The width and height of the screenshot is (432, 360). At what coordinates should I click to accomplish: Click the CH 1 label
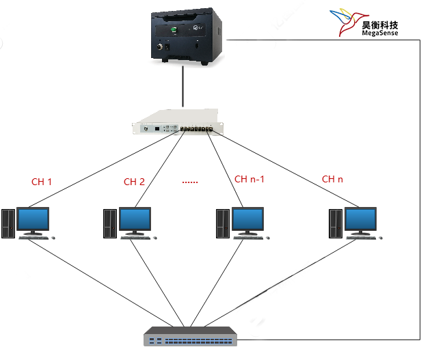click(42, 182)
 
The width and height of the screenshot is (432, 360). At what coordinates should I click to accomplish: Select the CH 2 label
click(134, 182)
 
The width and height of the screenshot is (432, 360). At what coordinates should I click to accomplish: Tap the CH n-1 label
click(249, 180)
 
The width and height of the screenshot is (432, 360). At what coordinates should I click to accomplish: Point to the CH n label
click(333, 180)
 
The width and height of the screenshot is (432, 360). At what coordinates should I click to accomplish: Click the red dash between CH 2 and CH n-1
click(190, 182)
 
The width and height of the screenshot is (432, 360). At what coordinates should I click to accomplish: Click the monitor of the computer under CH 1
click(33, 220)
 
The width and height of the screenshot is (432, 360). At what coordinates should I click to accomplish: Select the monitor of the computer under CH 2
click(135, 220)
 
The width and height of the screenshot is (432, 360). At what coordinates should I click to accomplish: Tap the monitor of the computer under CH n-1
click(247, 220)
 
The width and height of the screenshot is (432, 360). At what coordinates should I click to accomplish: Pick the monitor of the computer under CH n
click(360, 220)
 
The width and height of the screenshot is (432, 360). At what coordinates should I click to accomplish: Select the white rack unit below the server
click(178, 124)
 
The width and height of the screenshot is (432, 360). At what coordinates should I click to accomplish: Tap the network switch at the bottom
click(191, 336)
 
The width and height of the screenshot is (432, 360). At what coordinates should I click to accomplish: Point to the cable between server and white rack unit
click(183, 89)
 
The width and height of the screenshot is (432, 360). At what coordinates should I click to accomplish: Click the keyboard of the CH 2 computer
click(135, 238)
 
